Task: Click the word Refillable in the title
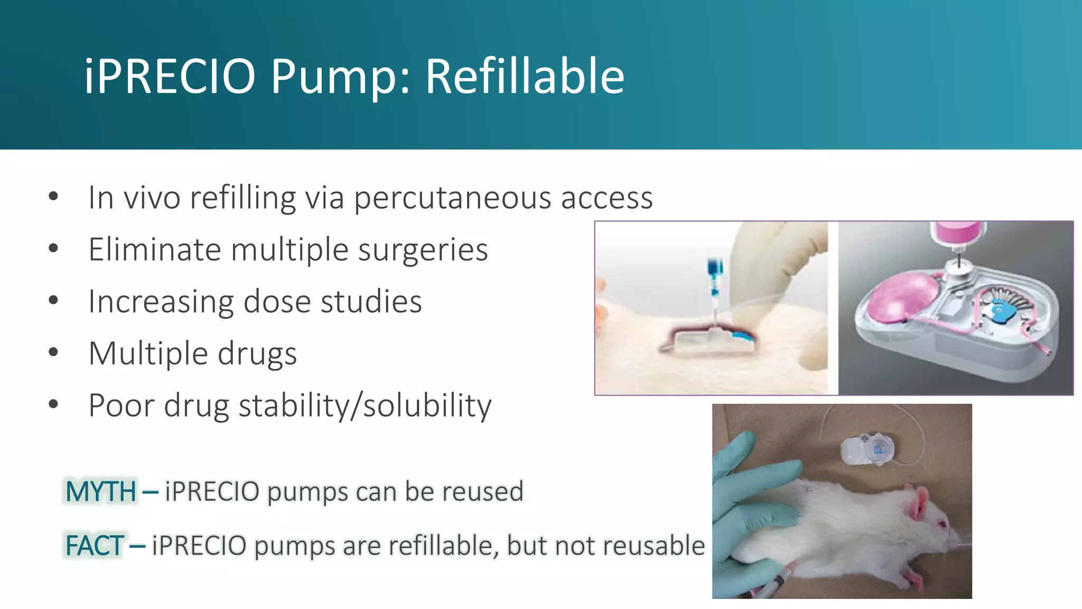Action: (525, 77)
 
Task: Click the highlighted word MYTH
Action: (101, 492)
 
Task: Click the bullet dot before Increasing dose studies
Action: (53, 300)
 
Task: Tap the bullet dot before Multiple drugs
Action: (53, 352)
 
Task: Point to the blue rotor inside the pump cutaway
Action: (1000, 312)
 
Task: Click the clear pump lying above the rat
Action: (866, 449)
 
